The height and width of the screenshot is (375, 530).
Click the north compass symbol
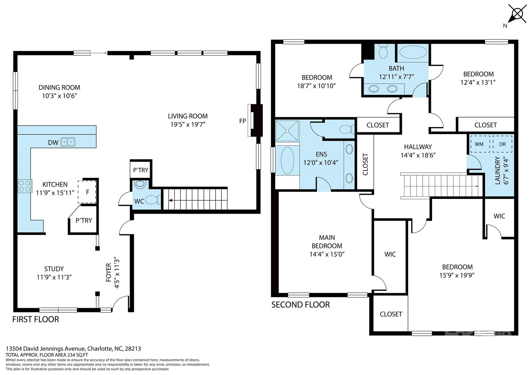coord(517,14)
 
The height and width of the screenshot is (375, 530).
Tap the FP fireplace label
coord(242,121)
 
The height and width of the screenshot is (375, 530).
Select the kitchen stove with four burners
coord(25,186)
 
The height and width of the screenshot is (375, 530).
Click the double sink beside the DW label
coord(68,142)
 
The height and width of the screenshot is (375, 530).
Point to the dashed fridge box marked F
coord(87,192)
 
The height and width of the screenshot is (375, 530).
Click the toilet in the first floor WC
coord(153,200)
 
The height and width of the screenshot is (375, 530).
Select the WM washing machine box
coord(480,144)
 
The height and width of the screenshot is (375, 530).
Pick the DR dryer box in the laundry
coord(502,144)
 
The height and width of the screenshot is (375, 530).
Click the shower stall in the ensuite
coord(287,131)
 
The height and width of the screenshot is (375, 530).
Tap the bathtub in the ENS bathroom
coord(287,160)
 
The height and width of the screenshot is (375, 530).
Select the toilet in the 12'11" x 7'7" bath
coord(383,52)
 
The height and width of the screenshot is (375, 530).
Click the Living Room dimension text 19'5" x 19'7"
coord(188,125)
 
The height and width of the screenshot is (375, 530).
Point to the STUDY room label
coord(54,269)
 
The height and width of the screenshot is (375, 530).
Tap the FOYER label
coord(109,272)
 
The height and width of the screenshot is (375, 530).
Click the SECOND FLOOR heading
coord(300,305)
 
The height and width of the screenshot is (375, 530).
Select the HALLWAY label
coord(418,147)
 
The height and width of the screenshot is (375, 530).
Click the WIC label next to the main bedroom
coord(390,254)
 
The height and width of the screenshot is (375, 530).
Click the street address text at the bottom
coord(73,349)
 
